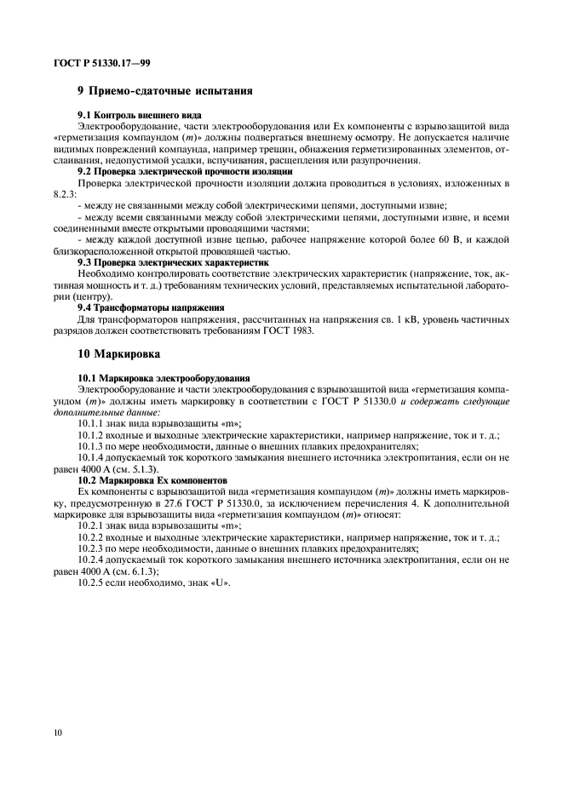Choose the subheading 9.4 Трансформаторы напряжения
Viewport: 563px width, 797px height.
coord(151,308)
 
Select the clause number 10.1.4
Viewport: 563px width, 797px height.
coord(93,457)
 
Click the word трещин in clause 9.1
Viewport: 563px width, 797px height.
coord(307,148)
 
